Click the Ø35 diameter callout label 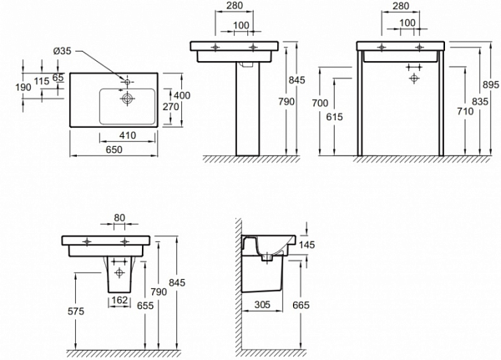click(63, 51)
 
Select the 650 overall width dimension click(114, 150)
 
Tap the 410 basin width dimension click(128, 135)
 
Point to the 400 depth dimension click(182, 95)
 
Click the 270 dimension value click(171, 106)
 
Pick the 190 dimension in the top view click(23, 87)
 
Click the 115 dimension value click(42, 81)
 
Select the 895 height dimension click(491, 84)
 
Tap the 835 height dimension click(480, 101)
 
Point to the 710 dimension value click(465, 111)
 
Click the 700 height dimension click(320, 103)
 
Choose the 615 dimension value click(335, 117)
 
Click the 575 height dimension click(76, 311)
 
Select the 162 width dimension click(119, 300)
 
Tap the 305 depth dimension click(262, 304)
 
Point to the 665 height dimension click(301, 306)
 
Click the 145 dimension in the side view click(306, 245)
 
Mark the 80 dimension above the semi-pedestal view click(119, 218)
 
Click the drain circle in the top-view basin click(127, 99)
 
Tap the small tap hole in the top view click(127, 82)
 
